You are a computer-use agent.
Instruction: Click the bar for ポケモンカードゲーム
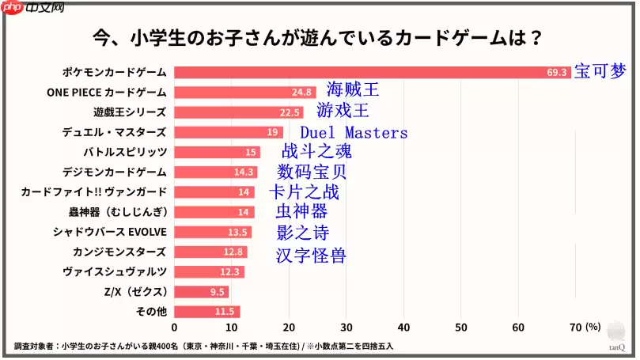[x=372, y=72]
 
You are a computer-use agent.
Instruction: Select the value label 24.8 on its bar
[x=301, y=93]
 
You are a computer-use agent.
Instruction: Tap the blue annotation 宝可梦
[x=599, y=72]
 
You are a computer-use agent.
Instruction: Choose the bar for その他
[x=206, y=312]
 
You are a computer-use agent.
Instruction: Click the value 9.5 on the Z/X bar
[x=218, y=292]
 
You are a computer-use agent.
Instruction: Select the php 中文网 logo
[x=33, y=10]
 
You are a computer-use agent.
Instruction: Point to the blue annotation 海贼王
[x=353, y=90]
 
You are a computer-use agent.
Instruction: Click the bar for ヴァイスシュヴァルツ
[x=209, y=272]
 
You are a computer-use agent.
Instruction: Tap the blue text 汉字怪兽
[x=311, y=256]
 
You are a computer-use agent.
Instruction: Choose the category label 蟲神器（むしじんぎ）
[x=117, y=212]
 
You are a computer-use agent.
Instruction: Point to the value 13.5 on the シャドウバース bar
[x=238, y=232]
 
